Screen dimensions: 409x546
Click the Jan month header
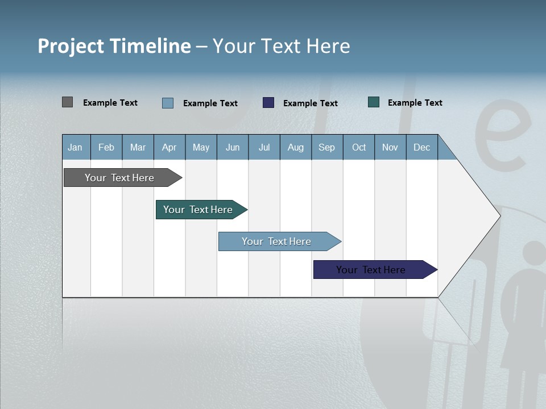point(75,147)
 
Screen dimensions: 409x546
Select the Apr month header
point(169,147)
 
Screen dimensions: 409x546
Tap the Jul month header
point(264,147)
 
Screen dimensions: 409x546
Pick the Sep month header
point(326,147)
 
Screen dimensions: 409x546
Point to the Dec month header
point(421,147)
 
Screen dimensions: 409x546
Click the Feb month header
point(106,147)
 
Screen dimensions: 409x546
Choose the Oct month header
point(359,147)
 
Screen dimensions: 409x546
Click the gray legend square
point(67,102)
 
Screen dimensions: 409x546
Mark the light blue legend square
point(168,103)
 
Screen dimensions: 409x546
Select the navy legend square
point(268,103)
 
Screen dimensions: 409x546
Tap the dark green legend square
point(374,102)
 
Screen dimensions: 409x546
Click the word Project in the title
point(71,46)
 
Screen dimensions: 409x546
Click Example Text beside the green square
point(415,103)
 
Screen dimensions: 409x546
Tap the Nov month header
point(390,147)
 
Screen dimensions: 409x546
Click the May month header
point(201,147)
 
